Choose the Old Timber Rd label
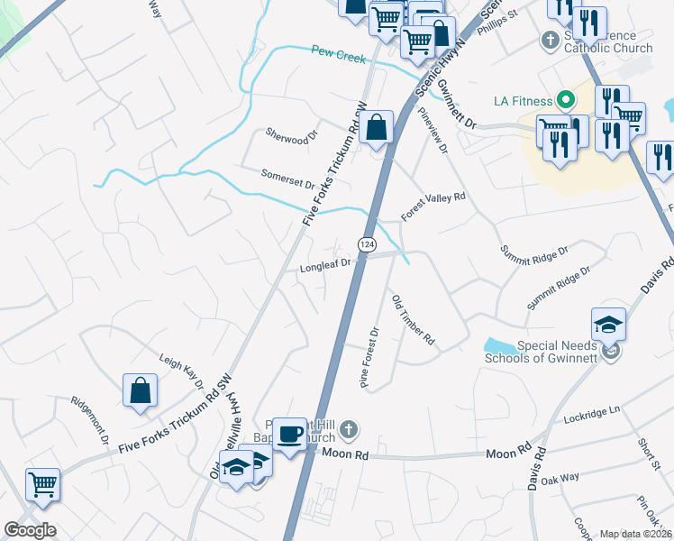click(x=414, y=319)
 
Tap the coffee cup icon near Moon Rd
click(x=290, y=434)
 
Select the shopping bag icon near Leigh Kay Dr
click(x=141, y=390)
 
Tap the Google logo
click(x=30, y=530)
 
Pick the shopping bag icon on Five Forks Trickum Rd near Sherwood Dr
click(x=378, y=126)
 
